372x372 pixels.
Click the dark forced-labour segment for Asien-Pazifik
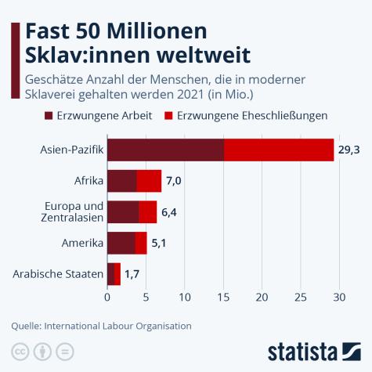click(165, 150)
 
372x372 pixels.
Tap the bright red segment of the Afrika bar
click(149, 181)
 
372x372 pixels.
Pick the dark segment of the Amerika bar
click(121, 243)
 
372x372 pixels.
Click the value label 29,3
click(349, 150)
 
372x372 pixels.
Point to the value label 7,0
click(174, 181)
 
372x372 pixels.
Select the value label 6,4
click(170, 212)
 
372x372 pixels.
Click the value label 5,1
click(159, 243)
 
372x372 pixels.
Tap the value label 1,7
click(133, 274)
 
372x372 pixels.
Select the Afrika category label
click(87, 181)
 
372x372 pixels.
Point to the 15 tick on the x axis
click(223, 298)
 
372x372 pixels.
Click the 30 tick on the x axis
click(339, 298)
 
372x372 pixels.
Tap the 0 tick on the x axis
click(107, 298)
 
